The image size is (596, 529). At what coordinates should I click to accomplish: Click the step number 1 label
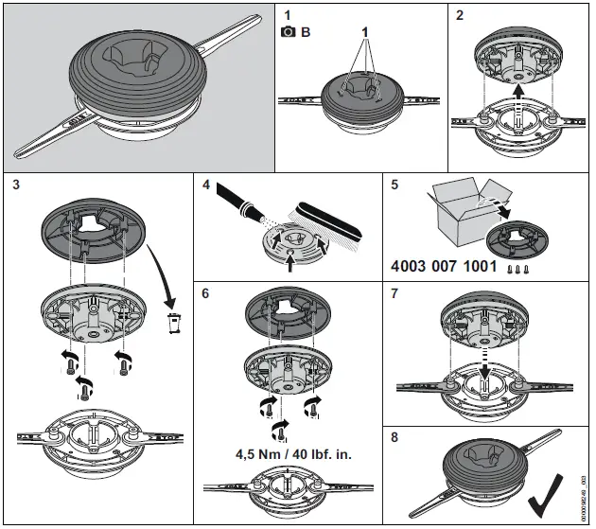(289, 16)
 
